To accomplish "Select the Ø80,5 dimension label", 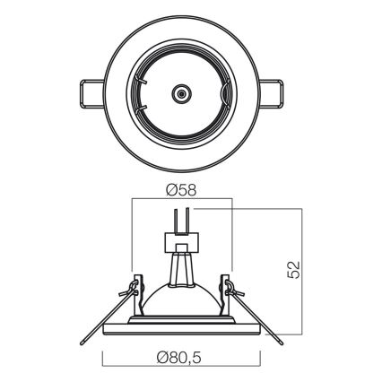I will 182,357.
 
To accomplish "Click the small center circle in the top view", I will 183,92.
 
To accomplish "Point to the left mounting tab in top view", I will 90,92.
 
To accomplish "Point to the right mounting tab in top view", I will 275,92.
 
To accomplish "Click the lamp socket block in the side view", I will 183,242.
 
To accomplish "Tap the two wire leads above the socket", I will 183,220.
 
